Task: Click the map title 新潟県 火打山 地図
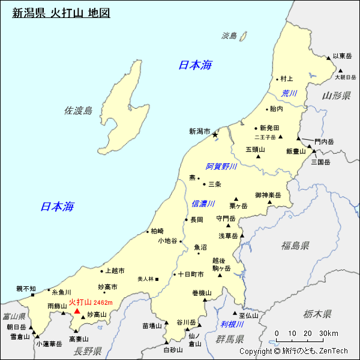(61, 12)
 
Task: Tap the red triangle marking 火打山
(76, 311)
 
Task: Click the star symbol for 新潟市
(215, 135)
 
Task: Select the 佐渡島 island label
(78, 110)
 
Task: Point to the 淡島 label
(229, 35)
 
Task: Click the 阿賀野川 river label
(221, 166)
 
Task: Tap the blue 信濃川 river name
(203, 204)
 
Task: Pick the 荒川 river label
(289, 93)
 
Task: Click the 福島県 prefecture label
(295, 245)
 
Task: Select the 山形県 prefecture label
(336, 96)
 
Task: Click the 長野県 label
(88, 351)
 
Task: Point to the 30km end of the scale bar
(328, 334)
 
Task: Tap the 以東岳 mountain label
(343, 56)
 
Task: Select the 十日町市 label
(191, 274)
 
